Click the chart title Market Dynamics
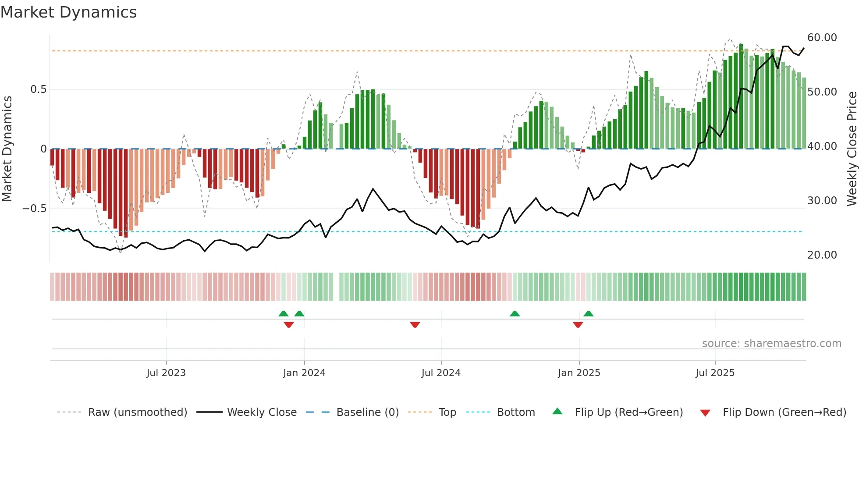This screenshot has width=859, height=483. [68, 12]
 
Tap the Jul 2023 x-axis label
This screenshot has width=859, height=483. [166, 373]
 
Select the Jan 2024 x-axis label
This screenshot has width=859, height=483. [304, 373]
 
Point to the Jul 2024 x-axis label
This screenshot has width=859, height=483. [441, 373]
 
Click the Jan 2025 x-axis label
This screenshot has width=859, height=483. [579, 373]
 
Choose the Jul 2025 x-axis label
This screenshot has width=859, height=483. [715, 373]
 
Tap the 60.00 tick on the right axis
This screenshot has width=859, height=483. [822, 38]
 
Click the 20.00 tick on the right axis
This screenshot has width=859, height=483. [822, 255]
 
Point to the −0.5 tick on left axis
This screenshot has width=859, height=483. [35, 209]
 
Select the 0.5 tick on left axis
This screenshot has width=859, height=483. [38, 89]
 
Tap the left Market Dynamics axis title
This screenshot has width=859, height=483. [7, 149]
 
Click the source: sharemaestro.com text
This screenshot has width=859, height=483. [771, 344]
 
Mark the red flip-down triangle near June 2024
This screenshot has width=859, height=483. [415, 325]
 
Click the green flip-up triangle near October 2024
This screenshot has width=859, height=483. [515, 313]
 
